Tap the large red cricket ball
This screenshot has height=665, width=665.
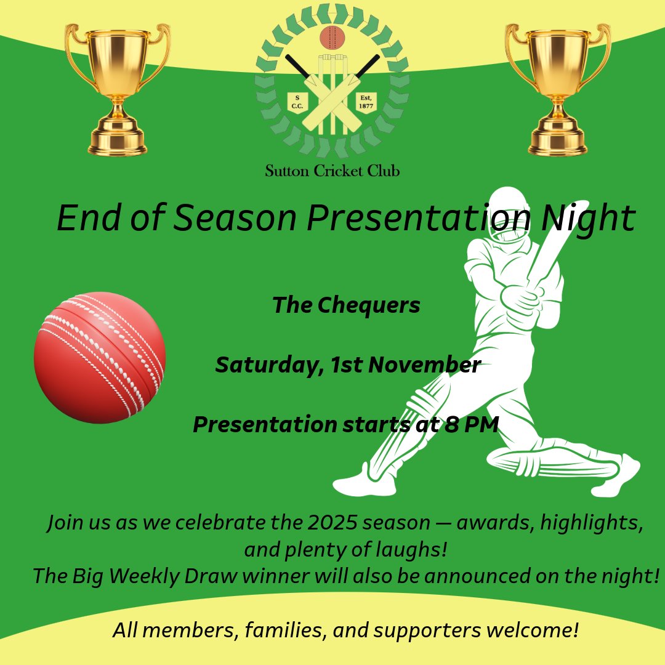pyautogui.click(x=100, y=358)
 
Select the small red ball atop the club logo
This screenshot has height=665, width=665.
pyautogui.click(x=332, y=38)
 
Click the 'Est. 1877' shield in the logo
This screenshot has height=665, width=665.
pyautogui.click(x=366, y=102)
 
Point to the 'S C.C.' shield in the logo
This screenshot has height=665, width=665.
pyautogui.click(x=298, y=102)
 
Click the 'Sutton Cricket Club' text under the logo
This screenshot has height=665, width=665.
pyautogui.click(x=332, y=171)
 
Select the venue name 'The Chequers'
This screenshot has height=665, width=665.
pyautogui.click(x=346, y=305)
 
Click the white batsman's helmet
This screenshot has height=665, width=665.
pyautogui.click(x=508, y=212)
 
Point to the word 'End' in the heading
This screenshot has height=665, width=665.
pyautogui.click(x=83, y=218)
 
